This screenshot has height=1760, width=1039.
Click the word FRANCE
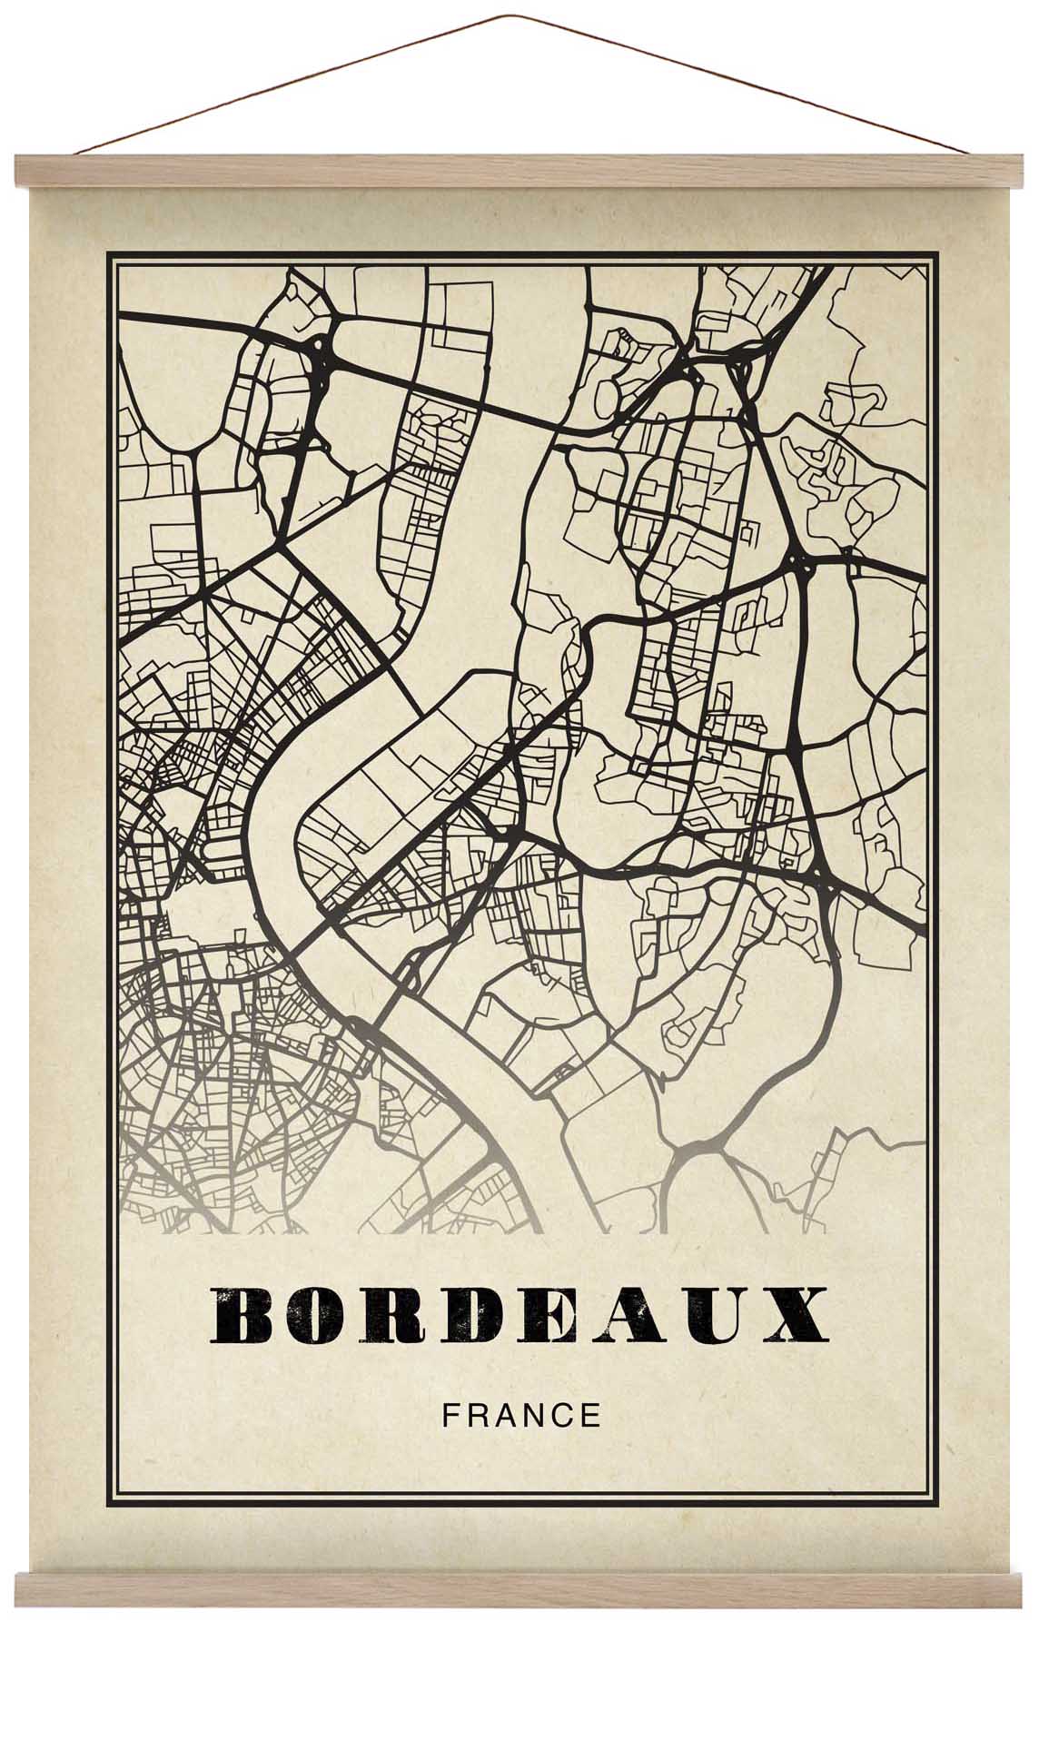[520, 1416]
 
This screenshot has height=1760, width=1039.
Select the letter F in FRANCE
[449, 1416]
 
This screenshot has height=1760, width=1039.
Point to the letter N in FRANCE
[533, 1416]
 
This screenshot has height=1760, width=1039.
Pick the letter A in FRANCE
[503, 1416]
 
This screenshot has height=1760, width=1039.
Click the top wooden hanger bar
[519, 170]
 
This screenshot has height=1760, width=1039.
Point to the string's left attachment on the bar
[76, 154]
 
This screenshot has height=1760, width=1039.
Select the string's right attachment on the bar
[964, 154]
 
